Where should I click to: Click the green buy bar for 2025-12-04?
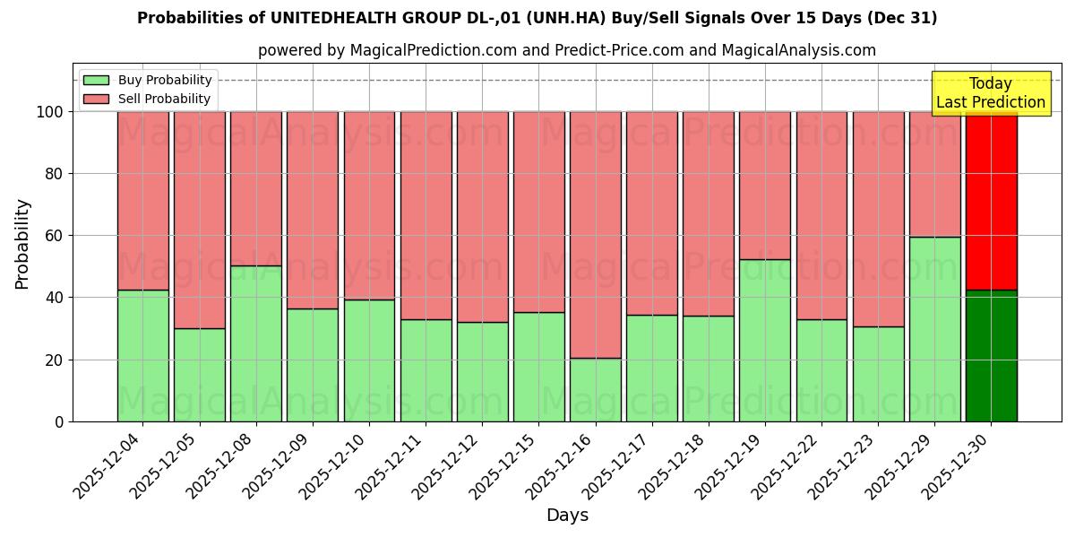142,355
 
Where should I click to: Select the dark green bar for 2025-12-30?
991,355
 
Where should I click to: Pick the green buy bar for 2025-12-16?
595,389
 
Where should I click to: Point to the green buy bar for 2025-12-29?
934,329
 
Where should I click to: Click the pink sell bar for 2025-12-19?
765,186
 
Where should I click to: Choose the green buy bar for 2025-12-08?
255,343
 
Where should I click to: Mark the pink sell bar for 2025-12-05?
199,220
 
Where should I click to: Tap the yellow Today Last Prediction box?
990,93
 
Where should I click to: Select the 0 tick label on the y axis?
59,421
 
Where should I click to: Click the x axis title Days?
567,516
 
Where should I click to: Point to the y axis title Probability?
22,244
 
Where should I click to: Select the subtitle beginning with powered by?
567,50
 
